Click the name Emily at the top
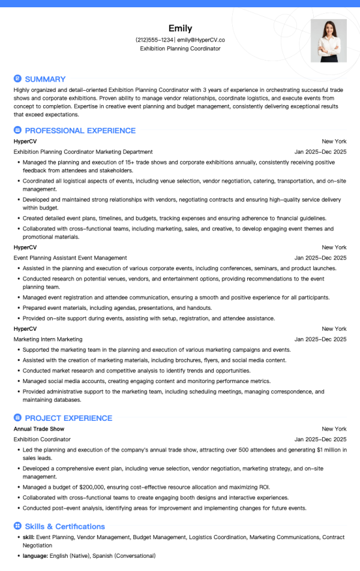pos(180,28)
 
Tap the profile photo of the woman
pos(328,41)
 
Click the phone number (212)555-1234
pos(155,40)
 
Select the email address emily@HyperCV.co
pos(201,40)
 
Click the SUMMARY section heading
pos(45,79)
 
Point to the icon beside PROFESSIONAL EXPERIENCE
pos(17,130)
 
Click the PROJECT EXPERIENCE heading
pos(68,418)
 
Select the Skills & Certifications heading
pos(65,527)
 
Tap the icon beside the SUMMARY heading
pos(17,79)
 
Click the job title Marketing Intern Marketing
pos(48,339)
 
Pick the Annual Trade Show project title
pos(39,429)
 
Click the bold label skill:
pos(28,536)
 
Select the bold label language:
pos(36,556)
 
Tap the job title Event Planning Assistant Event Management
pos(70,258)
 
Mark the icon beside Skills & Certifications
pos(17,527)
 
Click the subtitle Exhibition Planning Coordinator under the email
pos(180,49)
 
